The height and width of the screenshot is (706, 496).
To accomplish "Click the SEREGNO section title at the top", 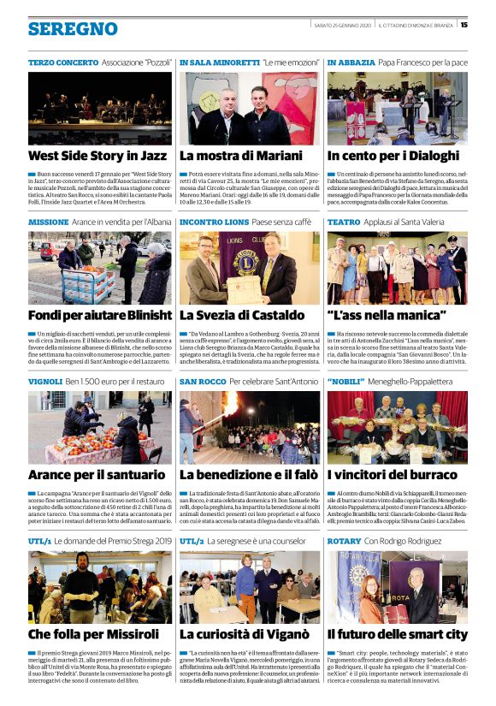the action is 73,29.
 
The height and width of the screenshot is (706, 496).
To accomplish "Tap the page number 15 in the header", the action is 464,24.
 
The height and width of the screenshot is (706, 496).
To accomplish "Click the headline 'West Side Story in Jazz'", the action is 97,156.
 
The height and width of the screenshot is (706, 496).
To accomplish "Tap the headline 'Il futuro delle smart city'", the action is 397,634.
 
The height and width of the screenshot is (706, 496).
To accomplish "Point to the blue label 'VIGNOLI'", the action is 44,381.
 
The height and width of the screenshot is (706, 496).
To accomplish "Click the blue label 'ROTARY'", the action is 344,541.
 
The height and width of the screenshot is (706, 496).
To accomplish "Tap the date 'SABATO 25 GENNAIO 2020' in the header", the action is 340,24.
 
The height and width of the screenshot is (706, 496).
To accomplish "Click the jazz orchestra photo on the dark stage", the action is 99,108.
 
